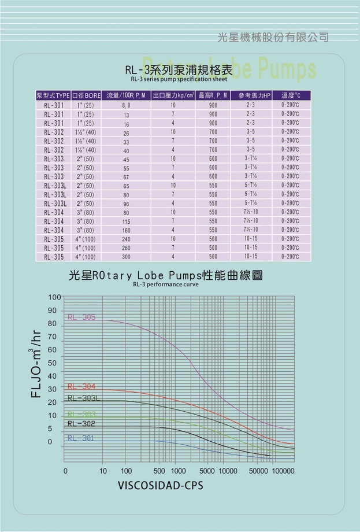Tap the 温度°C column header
coord(291,95)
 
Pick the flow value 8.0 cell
coord(126,106)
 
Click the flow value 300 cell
coord(126,257)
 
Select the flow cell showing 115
coord(126,221)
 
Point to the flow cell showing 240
coord(126,239)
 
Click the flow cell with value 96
coord(126,204)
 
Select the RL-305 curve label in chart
coord(81,317)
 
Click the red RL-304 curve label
coord(81,386)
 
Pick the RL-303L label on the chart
coord(84,398)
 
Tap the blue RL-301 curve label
coord(80,438)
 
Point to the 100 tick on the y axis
coord(54,297)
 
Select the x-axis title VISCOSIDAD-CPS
coord(161,485)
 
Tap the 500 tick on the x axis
coord(160,471)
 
